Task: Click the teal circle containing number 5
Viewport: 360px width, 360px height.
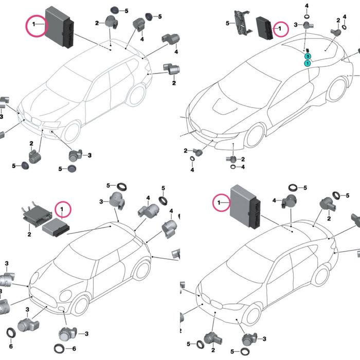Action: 307,56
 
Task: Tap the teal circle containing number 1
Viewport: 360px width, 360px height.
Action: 307,63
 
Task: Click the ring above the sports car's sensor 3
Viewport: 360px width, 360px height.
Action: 307,15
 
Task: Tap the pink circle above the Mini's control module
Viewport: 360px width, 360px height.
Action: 63,210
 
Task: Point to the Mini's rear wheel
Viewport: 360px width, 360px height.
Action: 142,269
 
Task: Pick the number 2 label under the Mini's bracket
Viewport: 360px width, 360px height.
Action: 29,234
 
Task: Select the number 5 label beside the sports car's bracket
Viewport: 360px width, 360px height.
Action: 227,24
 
